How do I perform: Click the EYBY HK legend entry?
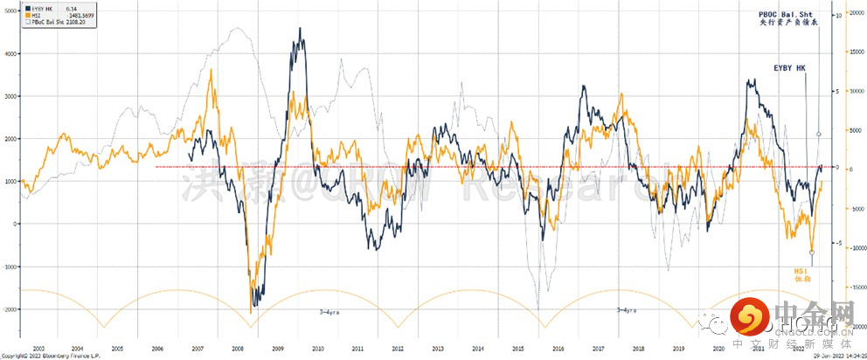(39, 9)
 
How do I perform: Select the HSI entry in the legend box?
(36, 15)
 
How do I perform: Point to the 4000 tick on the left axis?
(10, 54)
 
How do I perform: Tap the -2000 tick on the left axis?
(10, 309)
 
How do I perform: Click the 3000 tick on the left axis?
(10, 96)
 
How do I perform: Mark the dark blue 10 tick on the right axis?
(837, 16)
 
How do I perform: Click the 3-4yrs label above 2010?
(327, 310)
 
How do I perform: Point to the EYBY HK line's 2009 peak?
(300, 29)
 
